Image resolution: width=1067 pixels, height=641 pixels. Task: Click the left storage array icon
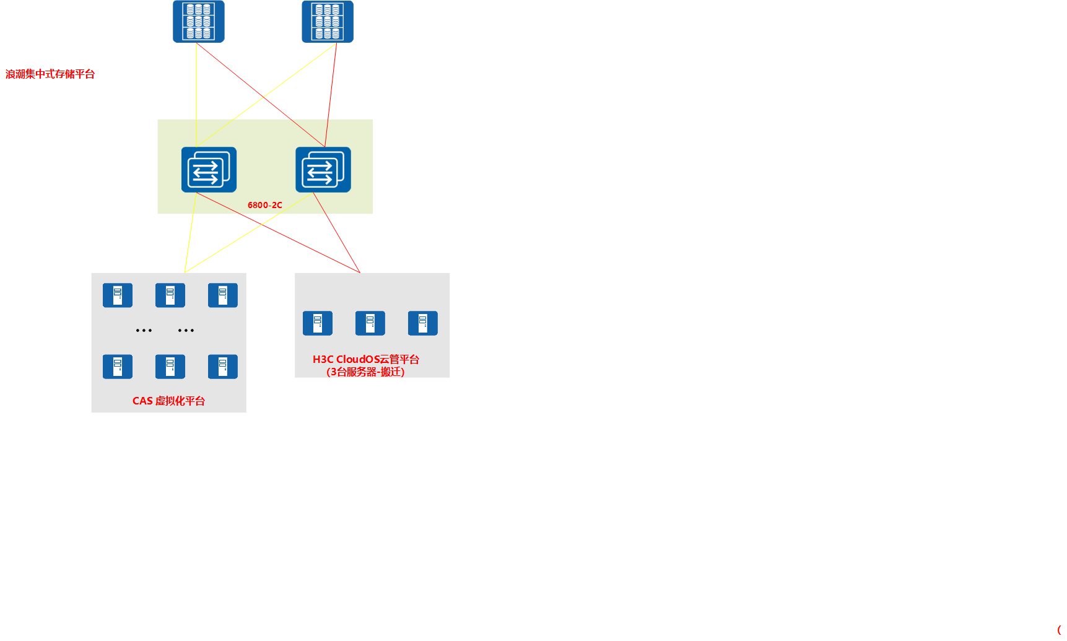pyautogui.click(x=198, y=22)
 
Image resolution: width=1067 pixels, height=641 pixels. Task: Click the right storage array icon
pyautogui.click(x=327, y=22)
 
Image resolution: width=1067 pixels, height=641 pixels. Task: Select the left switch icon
pyautogui.click(x=209, y=170)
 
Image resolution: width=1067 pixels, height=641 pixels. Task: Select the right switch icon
pyautogui.click(x=323, y=170)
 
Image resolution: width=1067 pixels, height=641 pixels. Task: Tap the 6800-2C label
pyautogui.click(x=264, y=205)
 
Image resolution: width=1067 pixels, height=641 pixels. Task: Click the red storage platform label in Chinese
pyautogui.click(x=50, y=74)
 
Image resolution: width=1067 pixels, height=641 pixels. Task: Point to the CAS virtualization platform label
pyautogui.click(x=168, y=401)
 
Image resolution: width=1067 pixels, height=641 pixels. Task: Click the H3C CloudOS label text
pyautogui.click(x=365, y=359)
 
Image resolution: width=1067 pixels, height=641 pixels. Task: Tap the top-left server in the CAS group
pyautogui.click(x=118, y=295)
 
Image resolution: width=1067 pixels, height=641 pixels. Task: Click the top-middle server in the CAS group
pyautogui.click(x=170, y=295)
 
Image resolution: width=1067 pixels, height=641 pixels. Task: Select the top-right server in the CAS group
pyautogui.click(x=223, y=295)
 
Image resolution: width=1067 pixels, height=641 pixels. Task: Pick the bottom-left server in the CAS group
pyautogui.click(x=118, y=367)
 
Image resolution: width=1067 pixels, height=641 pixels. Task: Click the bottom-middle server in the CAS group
pyautogui.click(x=170, y=367)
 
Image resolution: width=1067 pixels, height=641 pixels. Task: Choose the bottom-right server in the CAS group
pyautogui.click(x=223, y=367)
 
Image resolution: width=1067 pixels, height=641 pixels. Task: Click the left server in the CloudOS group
pyautogui.click(x=318, y=323)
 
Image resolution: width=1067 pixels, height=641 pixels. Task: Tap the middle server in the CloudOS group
pyautogui.click(x=370, y=323)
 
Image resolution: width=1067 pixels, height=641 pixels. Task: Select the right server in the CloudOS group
pyautogui.click(x=423, y=323)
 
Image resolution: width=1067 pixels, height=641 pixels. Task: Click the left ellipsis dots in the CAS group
pyautogui.click(x=144, y=331)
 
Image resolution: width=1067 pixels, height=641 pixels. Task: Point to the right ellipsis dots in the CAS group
pyautogui.click(x=186, y=331)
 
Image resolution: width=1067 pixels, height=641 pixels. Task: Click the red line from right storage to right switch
pyautogui.click(x=331, y=95)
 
